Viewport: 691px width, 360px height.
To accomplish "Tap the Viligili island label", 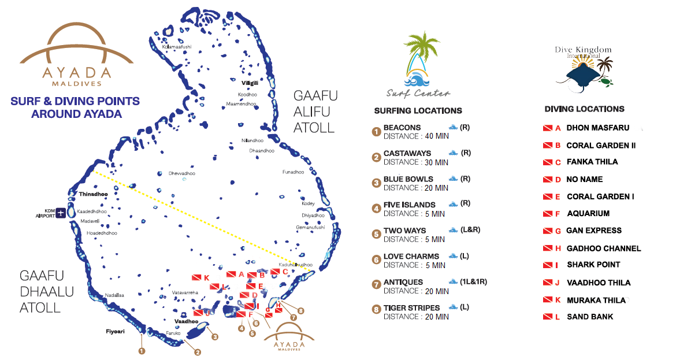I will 250,83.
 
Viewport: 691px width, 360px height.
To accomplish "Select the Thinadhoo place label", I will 92,194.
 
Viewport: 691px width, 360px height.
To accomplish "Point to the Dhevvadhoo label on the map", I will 181,173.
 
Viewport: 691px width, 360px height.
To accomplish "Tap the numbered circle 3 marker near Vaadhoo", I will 214,337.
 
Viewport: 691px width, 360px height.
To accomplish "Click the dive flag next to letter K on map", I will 196,278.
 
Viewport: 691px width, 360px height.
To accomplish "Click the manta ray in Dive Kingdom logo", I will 580,76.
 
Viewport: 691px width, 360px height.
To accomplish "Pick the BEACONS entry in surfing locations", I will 402,128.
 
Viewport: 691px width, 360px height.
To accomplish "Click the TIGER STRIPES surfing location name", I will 411,308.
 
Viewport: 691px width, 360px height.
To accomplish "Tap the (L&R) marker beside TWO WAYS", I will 470,230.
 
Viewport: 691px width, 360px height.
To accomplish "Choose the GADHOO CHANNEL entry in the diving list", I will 604,248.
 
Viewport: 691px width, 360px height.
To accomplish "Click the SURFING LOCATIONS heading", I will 418,111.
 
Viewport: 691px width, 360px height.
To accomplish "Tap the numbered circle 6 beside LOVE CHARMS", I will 377,260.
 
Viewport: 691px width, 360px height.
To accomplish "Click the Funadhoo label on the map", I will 293,172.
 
